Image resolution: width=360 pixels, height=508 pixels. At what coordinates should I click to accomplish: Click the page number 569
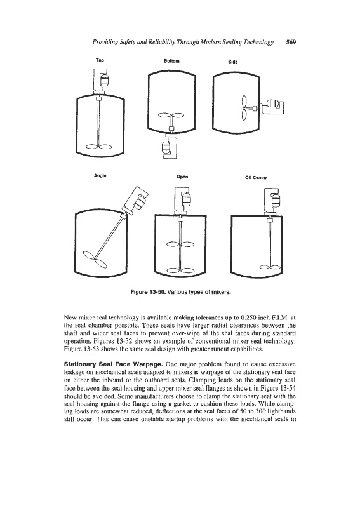point(291,42)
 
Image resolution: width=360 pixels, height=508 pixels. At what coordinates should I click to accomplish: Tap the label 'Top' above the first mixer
point(100,60)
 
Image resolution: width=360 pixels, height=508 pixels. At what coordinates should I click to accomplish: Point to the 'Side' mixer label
point(233,62)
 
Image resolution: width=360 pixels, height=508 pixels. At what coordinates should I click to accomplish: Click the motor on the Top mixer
point(105,79)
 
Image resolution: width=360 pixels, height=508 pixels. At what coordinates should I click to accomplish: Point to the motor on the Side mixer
point(272,104)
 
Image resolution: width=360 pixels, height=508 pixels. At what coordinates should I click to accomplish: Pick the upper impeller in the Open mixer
point(180,244)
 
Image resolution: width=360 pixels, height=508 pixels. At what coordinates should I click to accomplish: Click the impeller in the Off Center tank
point(270,267)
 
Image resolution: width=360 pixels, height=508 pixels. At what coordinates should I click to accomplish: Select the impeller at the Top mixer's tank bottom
point(98,147)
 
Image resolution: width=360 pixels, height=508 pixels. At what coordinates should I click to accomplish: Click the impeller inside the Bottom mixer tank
point(170,115)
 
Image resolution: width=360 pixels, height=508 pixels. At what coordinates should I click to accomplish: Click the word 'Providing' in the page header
point(102,43)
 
